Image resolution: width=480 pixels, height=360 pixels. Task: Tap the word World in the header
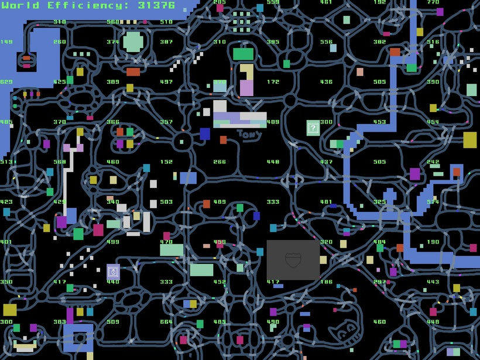point(20,5)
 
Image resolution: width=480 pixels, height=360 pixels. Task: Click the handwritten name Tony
point(248,135)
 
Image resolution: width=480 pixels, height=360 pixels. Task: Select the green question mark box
point(313,127)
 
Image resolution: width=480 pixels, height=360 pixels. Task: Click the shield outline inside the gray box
point(293,260)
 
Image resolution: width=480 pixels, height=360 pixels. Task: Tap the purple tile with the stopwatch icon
point(113,272)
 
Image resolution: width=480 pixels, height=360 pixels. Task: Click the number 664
point(166,321)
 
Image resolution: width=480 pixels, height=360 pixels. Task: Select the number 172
point(273,82)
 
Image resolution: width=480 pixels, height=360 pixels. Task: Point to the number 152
point(166,162)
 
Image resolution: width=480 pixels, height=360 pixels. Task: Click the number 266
point(220,162)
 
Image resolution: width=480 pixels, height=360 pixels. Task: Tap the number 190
point(433,242)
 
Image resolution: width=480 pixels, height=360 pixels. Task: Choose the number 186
point(326,282)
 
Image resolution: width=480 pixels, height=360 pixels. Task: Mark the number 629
point(6,82)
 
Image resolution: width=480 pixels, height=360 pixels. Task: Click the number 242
point(433,162)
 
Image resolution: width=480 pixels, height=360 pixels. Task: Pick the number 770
point(433,2)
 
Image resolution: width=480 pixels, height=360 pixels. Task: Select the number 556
point(326,42)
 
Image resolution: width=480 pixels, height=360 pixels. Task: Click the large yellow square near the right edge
point(469,140)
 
